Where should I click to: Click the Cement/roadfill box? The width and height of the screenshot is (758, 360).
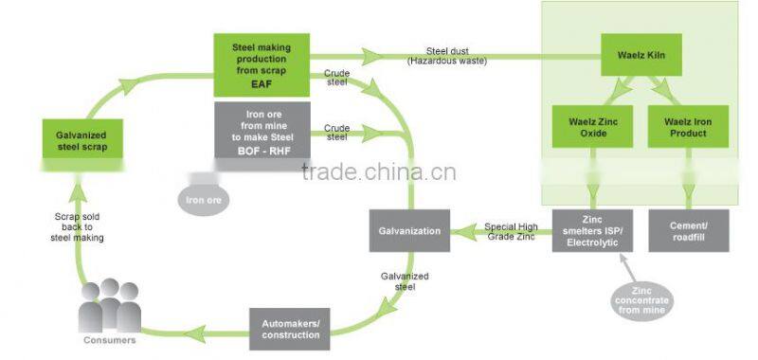tap(689, 229)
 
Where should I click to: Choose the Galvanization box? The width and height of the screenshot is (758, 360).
tap(409, 229)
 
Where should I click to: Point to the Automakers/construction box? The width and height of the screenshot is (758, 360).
tap(290, 329)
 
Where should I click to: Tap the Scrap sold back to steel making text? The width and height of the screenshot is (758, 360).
tap(78, 227)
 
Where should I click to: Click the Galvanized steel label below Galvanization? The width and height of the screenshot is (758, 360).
tap(405, 281)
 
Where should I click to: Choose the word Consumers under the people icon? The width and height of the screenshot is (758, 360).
tap(108, 338)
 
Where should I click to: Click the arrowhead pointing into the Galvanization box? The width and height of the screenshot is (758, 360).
tap(459, 230)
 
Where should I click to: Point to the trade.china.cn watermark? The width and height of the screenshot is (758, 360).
tap(378, 172)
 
